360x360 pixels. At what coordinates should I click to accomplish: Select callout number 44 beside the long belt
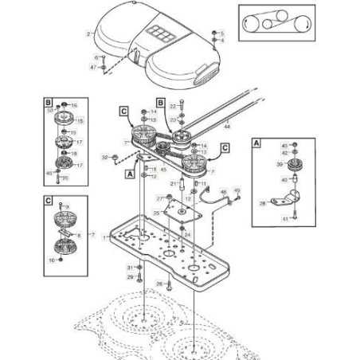coord(227,126)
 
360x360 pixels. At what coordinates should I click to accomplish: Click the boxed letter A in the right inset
coord(256,143)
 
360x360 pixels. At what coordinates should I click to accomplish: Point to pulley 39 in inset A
coord(297,165)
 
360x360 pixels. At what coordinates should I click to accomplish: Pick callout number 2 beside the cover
coord(88,34)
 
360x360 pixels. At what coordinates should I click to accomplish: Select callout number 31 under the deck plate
coord(130,267)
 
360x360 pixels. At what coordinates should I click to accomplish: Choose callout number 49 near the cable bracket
coord(237,190)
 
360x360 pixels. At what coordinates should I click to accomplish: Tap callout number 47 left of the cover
coord(92,68)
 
